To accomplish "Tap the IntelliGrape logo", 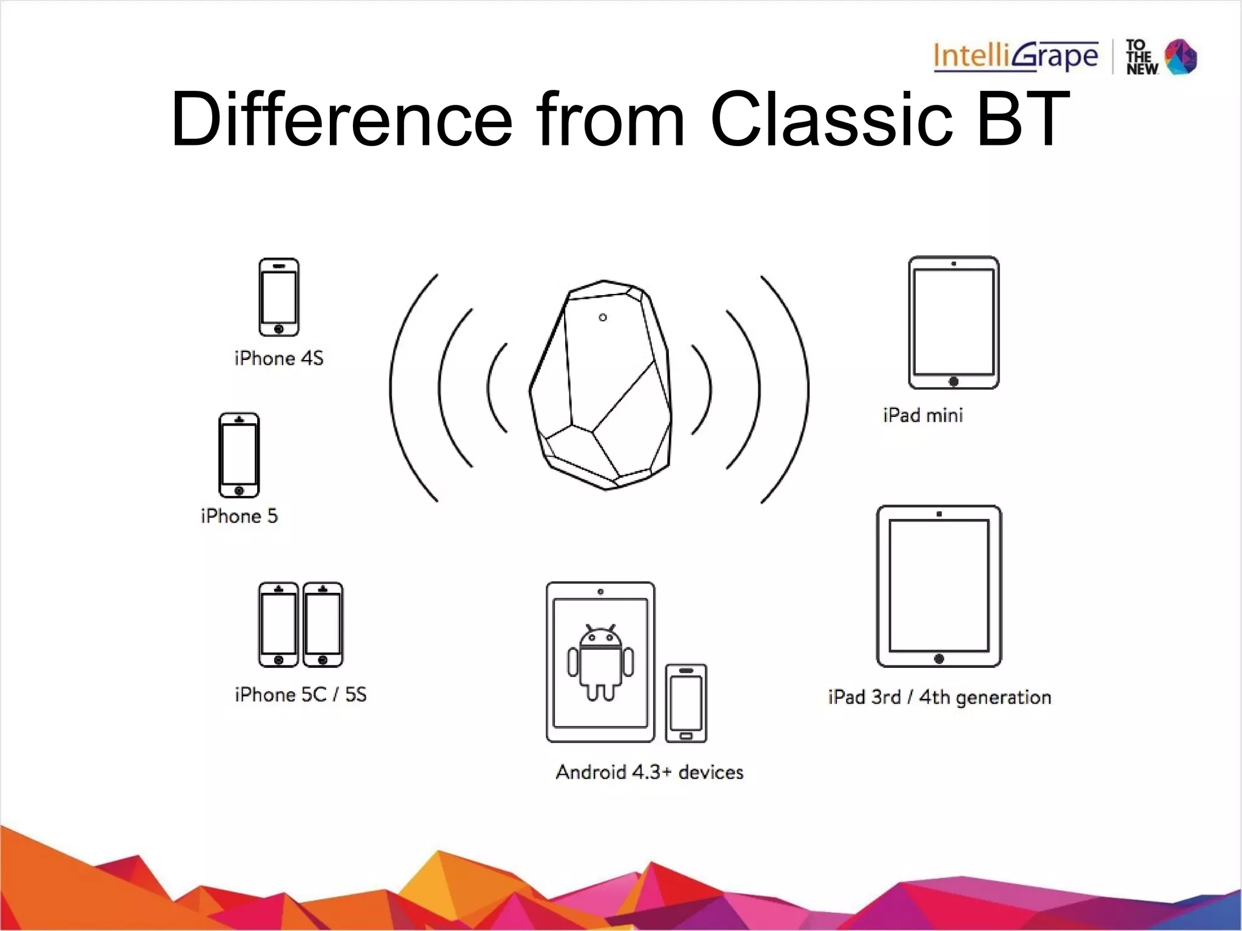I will (1016, 56).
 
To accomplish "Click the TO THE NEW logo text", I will (1142, 58).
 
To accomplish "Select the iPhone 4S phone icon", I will (279, 297).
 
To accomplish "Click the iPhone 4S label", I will (279, 358).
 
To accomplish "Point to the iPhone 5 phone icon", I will (239, 455).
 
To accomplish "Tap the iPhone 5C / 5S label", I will (301, 695).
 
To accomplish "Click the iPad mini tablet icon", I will (953, 322).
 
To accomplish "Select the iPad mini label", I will (923, 415).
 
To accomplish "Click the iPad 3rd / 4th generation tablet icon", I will (939, 586).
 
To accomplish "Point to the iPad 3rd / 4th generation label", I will (939, 697).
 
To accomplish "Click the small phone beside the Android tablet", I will (686, 703).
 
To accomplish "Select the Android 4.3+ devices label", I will (650, 772).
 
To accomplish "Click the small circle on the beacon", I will (603, 318).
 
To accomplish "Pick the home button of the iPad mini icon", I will (953, 381).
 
